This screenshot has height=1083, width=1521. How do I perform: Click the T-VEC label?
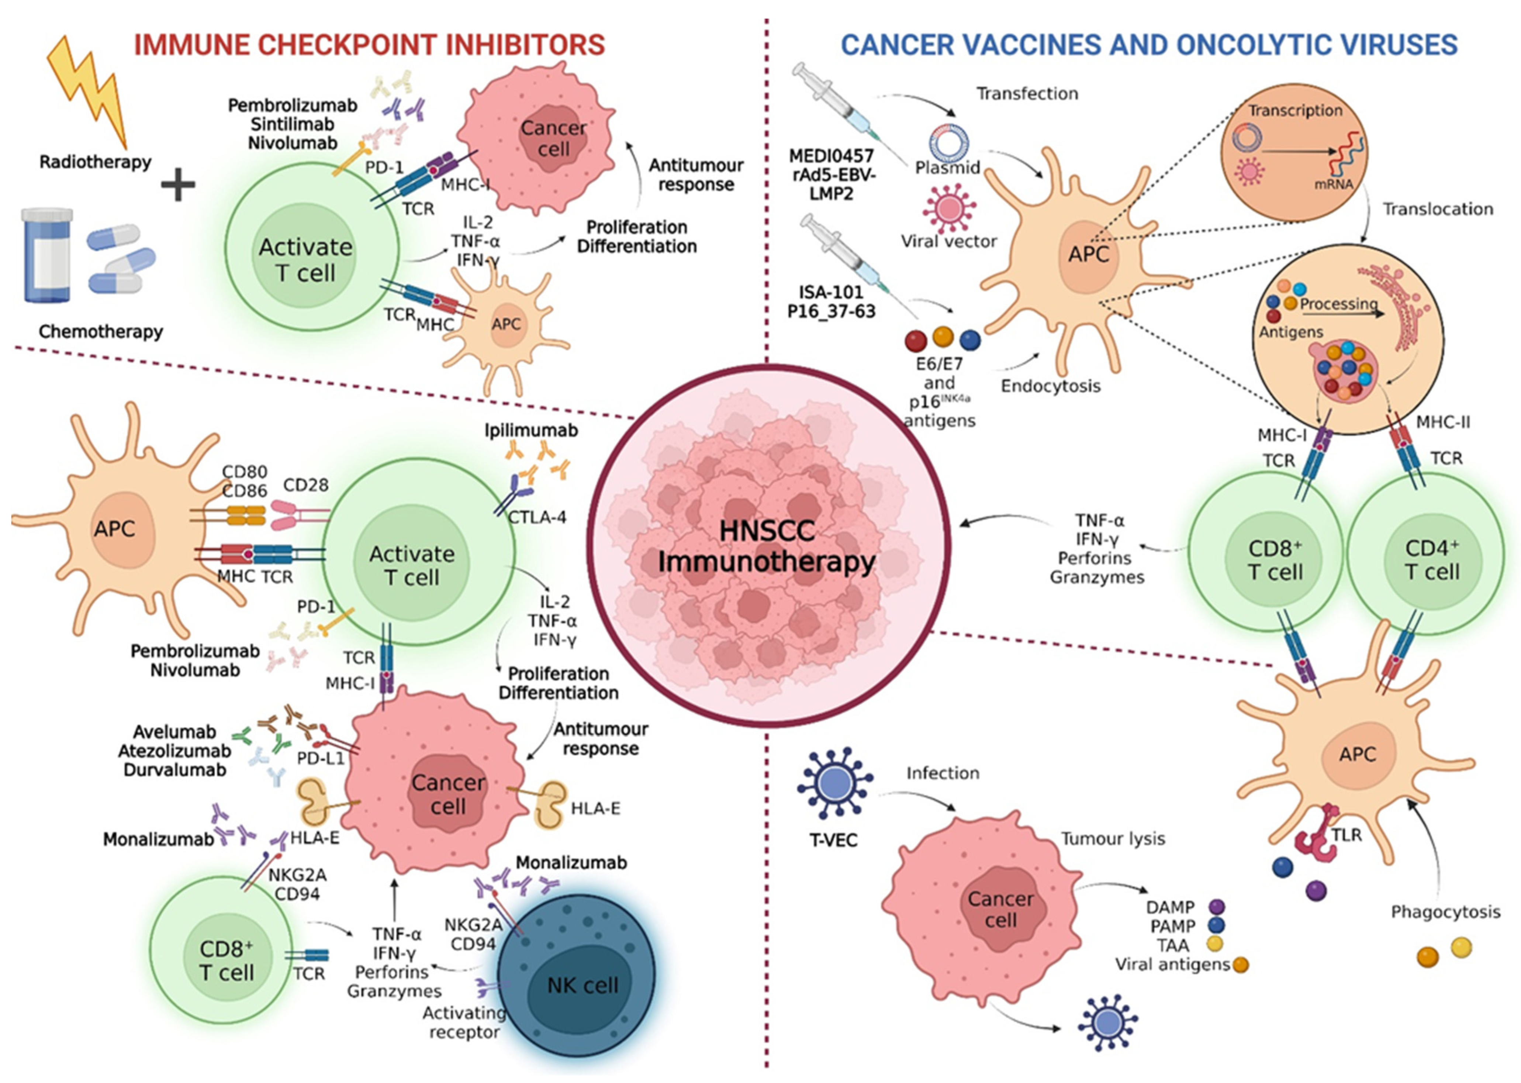(x=833, y=839)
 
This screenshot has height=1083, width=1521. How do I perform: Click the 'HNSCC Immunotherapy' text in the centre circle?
(x=767, y=547)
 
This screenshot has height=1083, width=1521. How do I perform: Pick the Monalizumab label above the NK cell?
(x=571, y=862)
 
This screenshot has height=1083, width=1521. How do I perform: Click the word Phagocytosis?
(x=1445, y=912)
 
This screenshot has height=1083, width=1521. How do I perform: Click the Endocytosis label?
(x=1050, y=386)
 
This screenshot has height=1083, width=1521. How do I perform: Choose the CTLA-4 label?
(x=537, y=517)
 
